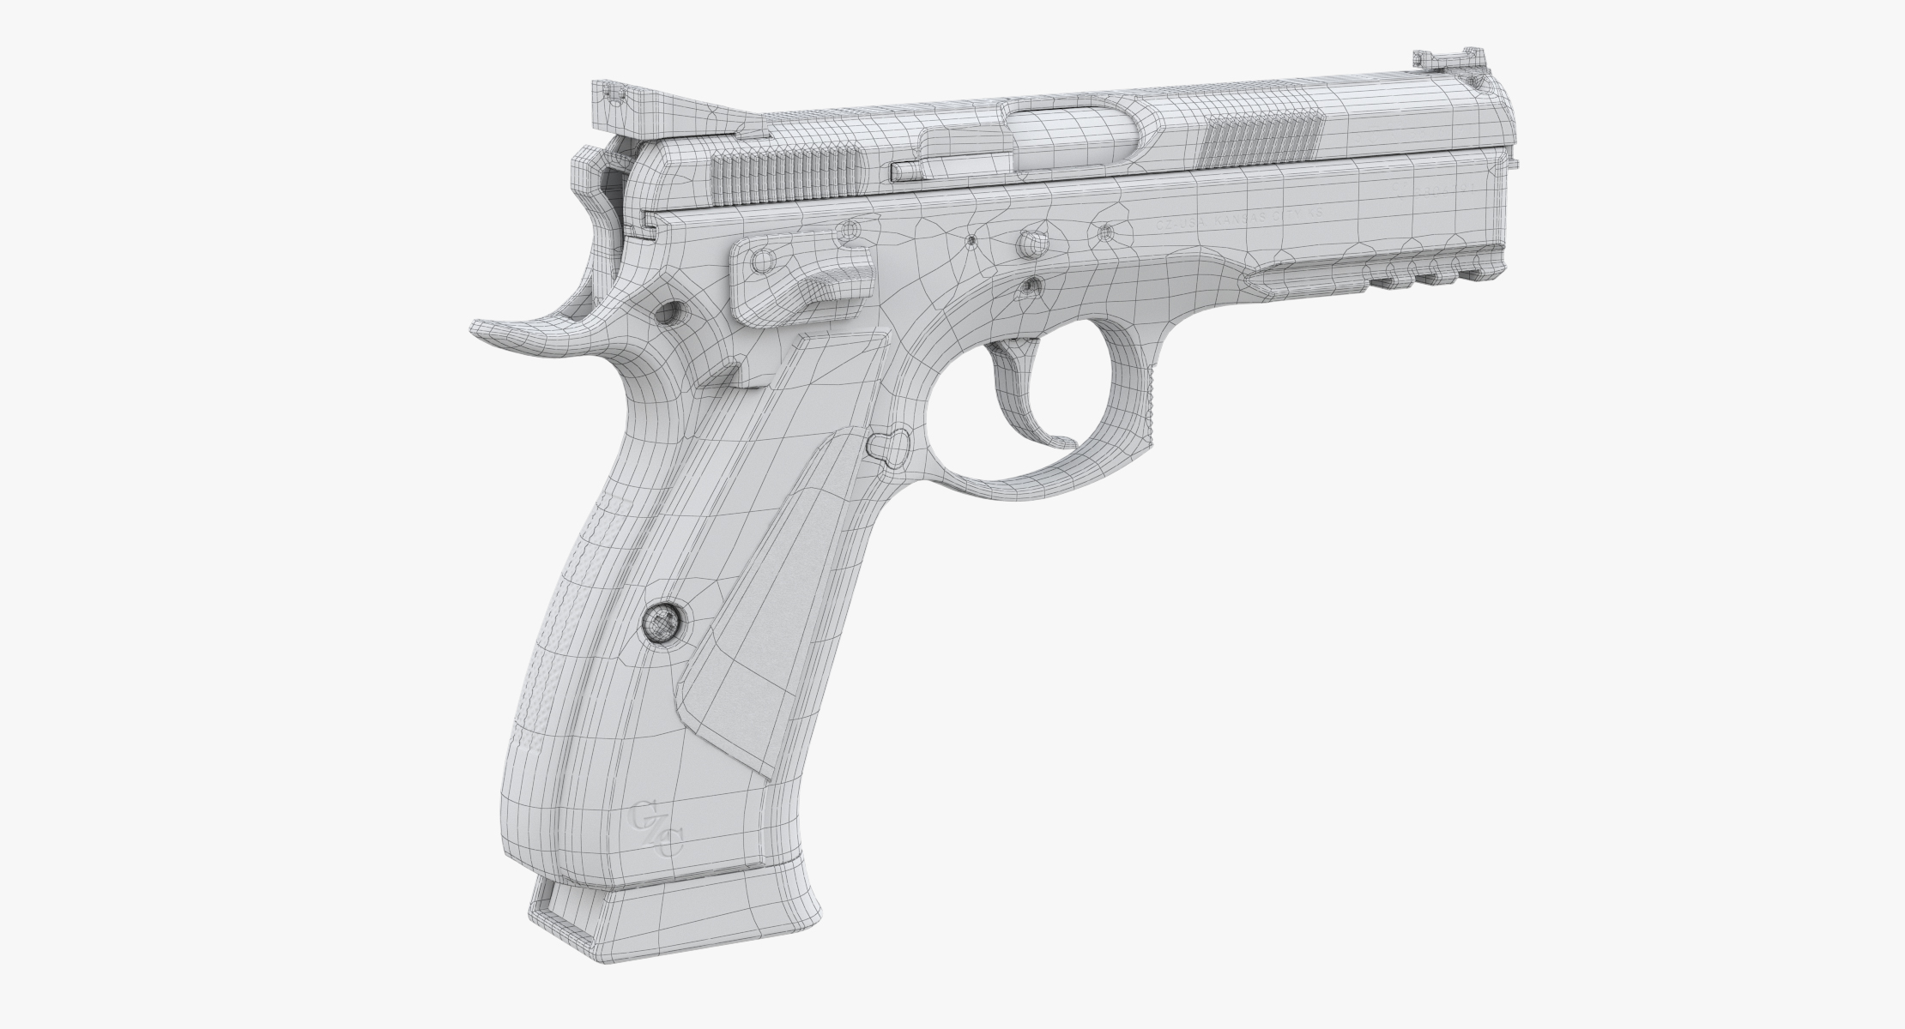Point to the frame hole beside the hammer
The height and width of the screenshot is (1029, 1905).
click(x=670, y=312)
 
